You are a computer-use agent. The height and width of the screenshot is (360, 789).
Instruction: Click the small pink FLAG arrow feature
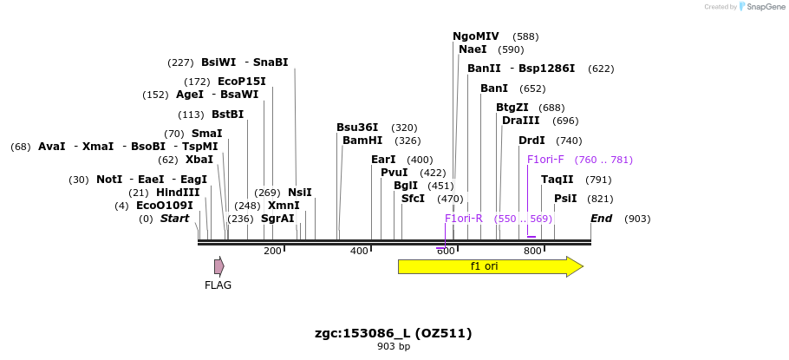(x=219, y=266)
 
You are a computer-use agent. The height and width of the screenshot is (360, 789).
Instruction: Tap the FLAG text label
(x=218, y=285)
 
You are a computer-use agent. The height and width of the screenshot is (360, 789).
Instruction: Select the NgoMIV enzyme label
(x=476, y=36)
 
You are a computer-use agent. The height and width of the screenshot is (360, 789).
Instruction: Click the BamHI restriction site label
(x=362, y=141)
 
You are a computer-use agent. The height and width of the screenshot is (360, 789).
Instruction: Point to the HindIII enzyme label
(x=178, y=193)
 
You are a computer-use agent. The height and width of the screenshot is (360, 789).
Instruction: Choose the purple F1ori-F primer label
(x=545, y=160)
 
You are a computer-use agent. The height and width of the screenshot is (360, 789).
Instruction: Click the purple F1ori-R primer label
(x=464, y=219)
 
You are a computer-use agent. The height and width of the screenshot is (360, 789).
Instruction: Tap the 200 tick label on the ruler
(x=272, y=251)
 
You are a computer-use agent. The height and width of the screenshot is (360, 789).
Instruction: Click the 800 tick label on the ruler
(x=532, y=251)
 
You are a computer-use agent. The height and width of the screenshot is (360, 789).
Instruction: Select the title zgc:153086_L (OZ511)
(x=394, y=333)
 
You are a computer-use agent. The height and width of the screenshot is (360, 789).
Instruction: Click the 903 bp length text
(x=394, y=347)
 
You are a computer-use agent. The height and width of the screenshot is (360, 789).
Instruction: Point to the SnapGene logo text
(x=763, y=6)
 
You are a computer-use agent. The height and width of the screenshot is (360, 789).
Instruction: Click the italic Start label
(x=174, y=219)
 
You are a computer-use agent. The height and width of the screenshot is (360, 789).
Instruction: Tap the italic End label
(x=601, y=219)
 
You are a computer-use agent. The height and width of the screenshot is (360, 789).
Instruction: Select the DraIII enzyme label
(x=521, y=121)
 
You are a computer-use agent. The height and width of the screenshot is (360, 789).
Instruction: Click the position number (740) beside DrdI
(x=569, y=141)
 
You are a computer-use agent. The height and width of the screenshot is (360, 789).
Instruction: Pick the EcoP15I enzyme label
(x=242, y=82)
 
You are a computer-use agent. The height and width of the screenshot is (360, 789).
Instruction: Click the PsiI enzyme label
(x=565, y=199)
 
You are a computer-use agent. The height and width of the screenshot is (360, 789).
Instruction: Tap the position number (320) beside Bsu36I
(x=404, y=128)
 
